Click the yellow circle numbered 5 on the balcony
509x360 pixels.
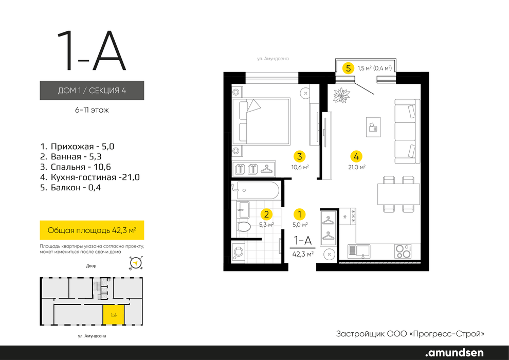(x=348, y=68)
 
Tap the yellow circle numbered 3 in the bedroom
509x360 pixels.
(x=299, y=156)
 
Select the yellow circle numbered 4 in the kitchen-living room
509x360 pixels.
(x=356, y=156)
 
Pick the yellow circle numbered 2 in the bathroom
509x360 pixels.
(x=266, y=214)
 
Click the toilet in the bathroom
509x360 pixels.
(x=243, y=226)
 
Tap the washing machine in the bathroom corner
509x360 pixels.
(x=239, y=251)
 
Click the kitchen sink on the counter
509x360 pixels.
(x=359, y=251)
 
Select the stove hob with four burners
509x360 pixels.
(x=403, y=251)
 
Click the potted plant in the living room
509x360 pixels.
(x=341, y=95)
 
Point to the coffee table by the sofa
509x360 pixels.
(x=373, y=127)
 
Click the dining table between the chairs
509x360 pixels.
(x=398, y=194)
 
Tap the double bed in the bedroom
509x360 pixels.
(x=261, y=121)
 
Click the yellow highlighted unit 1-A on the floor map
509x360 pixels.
(x=113, y=315)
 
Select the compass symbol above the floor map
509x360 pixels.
(x=136, y=263)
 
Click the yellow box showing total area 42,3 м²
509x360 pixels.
(x=92, y=230)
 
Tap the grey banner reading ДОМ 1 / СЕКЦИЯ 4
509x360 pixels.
(x=92, y=90)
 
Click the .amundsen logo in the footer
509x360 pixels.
(x=454, y=352)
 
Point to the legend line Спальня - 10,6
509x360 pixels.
(x=76, y=167)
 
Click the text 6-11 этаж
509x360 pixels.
(x=92, y=110)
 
